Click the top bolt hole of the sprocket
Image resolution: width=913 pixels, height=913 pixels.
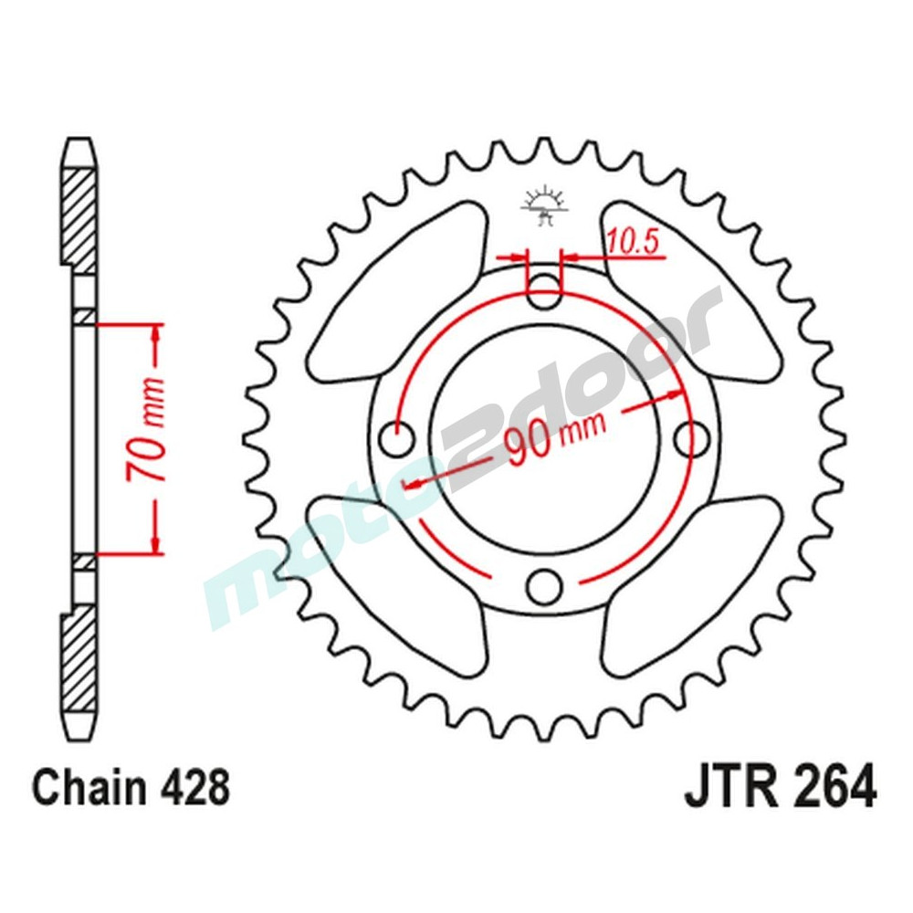(545, 291)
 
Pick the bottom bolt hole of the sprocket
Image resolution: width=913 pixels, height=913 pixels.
(546, 583)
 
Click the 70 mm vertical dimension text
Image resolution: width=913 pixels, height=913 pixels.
(144, 429)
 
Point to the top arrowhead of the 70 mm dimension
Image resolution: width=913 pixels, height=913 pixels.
(155, 333)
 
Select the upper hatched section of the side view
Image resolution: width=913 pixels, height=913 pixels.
(79, 215)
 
